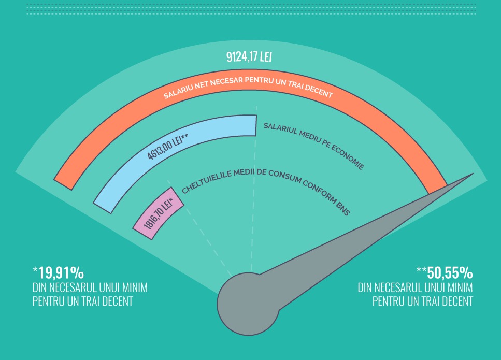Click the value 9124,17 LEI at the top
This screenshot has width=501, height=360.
[x=249, y=57]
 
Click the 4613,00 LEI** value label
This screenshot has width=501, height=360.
[x=167, y=147]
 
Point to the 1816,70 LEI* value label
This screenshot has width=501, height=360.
[x=158, y=214]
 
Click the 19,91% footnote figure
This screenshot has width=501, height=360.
[x=58, y=273]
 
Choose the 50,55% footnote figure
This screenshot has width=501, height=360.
[x=445, y=273]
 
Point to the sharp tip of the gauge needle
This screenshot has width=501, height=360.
[x=473, y=174]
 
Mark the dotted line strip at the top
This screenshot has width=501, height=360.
[x=251, y=9]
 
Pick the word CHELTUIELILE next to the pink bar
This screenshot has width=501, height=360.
[x=204, y=182]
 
